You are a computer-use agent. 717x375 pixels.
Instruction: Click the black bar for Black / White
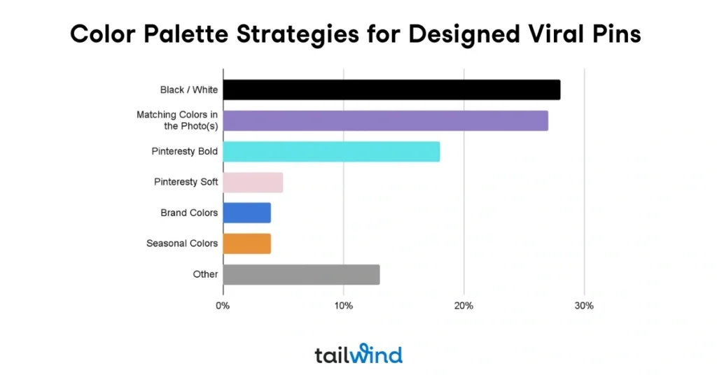point(391,90)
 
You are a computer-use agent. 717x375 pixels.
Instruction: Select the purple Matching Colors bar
point(385,120)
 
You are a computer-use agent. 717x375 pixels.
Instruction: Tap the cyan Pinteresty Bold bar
point(331,151)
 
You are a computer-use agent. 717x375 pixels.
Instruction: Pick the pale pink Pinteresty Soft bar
point(253,182)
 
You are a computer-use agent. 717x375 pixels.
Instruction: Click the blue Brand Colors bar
point(246,213)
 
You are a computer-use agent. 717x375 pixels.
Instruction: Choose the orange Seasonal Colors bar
point(246,243)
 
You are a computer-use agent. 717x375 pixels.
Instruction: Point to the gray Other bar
point(301,274)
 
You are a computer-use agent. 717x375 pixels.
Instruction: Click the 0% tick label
point(223,306)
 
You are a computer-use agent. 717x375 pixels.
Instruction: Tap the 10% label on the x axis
point(343,306)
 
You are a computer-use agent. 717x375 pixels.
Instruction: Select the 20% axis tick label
point(464,306)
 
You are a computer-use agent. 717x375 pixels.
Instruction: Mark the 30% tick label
point(584,306)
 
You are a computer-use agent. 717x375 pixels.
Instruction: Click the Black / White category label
point(189,90)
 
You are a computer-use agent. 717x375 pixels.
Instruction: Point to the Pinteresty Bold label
point(185,151)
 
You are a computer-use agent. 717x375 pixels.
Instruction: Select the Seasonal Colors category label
point(182,243)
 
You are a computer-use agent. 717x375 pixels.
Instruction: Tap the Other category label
point(205,274)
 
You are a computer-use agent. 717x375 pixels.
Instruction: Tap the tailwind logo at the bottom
point(358,354)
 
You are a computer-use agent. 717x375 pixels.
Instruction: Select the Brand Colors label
point(189,213)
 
